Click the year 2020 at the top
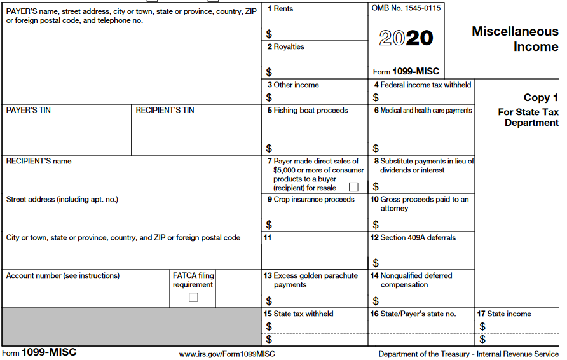pyautogui.click(x=406, y=38)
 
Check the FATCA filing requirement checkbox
pyautogui.click(x=193, y=297)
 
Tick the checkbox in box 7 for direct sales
pyautogui.click(x=353, y=187)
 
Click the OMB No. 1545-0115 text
pyautogui.click(x=406, y=8)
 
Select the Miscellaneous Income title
pyautogui.click(x=515, y=39)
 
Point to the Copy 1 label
pyautogui.click(x=540, y=97)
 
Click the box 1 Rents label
pyautogui.click(x=280, y=9)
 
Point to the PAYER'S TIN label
pyautogui.click(x=29, y=110)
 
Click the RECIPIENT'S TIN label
pyautogui.click(x=165, y=110)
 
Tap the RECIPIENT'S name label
pyautogui.click(x=39, y=161)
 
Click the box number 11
pyautogui.click(x=268, y=237)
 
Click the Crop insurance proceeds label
pyautogui.click(x=310, y=199)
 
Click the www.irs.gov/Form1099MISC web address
pyautogui.click(x=227, y=354)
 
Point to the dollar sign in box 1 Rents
pyautogui.click(x=269, y=34)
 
